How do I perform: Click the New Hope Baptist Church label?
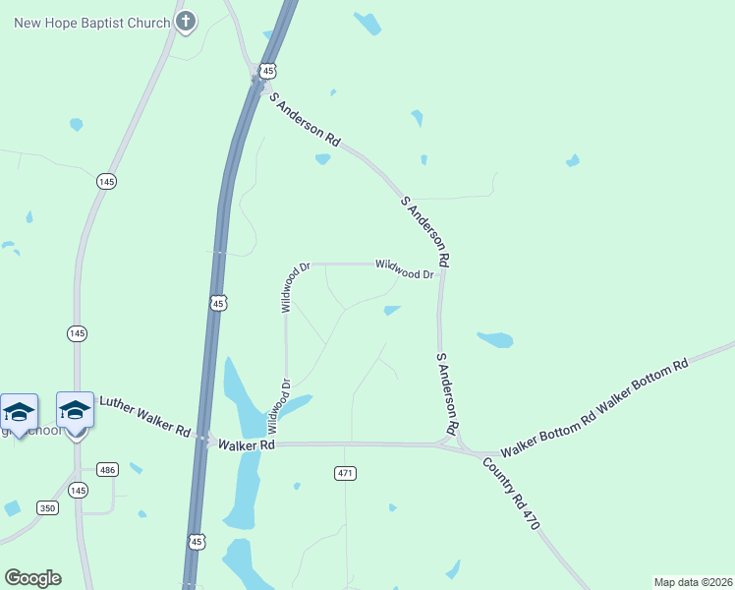click(x=91, y=22)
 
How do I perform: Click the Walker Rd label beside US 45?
click(x=246, y=444)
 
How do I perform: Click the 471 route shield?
click(x=344, y=473)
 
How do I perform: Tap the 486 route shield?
click(x=108, y=470)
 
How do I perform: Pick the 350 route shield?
click(x=48, y=507)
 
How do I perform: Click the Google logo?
click(x=32, y=578)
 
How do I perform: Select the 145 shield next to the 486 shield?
click(x=79, y=490)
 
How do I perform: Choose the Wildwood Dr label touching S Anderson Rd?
click(x=404, y=269)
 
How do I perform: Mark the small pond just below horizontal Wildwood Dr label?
click(x=392, y=311)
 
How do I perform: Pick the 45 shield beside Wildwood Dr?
click(x=218, y=304)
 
